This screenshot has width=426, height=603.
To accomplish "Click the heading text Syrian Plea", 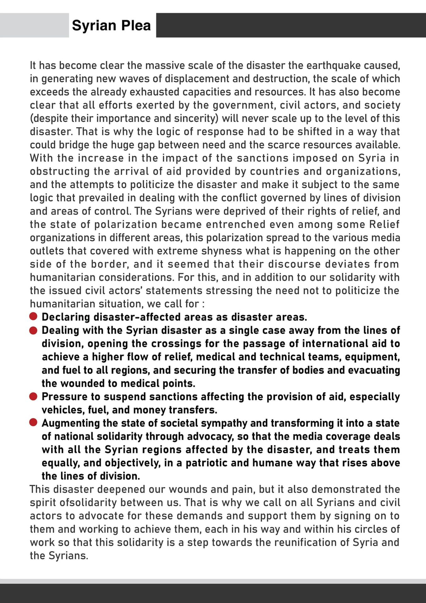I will [x=111, y=25].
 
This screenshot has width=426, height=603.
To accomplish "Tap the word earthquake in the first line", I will [x=333, y=65].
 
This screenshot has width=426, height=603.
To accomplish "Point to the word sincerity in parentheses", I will [x=197, y=118].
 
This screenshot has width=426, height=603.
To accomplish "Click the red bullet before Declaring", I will [x=33, y=317].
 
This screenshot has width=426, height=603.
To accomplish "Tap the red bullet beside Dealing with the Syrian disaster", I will [x=33, y=330].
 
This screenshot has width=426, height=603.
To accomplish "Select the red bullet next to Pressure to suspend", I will [x=33, y=396].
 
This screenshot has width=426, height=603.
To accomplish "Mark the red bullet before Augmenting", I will [x=33, y=423].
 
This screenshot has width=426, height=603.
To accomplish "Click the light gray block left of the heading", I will [x=34, y=25].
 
